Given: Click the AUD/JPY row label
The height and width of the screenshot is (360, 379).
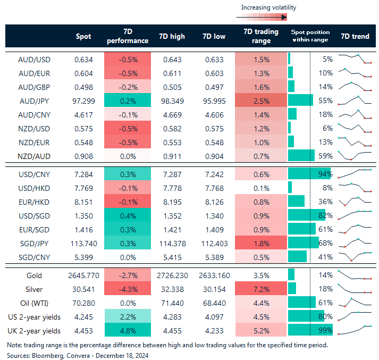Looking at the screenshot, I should pos(35,100).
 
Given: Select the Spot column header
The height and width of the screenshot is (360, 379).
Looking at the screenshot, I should pos(83,37).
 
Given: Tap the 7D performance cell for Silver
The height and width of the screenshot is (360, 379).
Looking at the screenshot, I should pos(128,290).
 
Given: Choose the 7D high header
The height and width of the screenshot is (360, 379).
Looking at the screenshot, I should pos(172,37).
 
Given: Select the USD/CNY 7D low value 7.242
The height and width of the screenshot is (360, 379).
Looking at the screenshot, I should pos(214,174).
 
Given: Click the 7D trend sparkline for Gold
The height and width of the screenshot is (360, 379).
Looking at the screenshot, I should pos(355,275).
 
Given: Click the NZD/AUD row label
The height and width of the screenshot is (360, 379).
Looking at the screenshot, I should pos(35,155).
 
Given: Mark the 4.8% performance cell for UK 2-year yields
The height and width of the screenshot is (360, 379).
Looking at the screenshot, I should pos(128,331).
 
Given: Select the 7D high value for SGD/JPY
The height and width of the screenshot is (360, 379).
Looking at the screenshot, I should pos(172,243).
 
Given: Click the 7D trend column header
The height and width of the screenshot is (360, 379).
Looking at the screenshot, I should pos(355,37).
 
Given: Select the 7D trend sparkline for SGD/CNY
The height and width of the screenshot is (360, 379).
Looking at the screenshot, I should pos(355,256).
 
